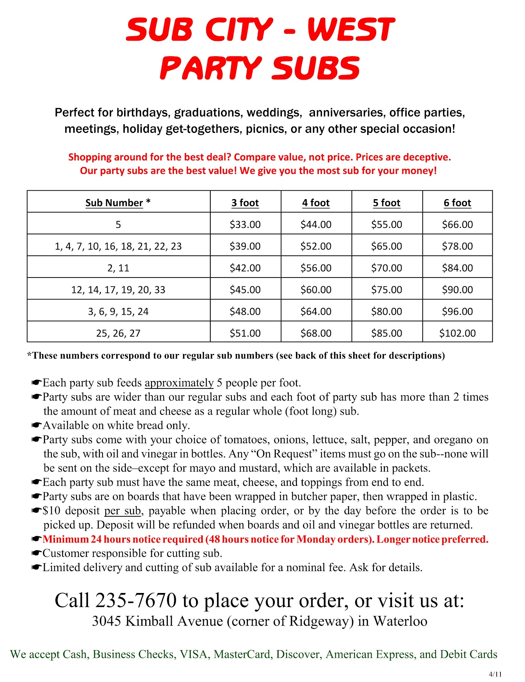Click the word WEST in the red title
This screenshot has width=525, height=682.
tap(351, 30)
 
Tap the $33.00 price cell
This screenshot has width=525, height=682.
tap(245, 224)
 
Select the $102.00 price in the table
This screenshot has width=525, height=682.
tap(457, 333)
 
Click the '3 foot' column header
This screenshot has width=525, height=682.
tap(245, 203)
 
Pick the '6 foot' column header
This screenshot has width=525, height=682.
tap(457, 203)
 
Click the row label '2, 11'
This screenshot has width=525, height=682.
tap(118, 268)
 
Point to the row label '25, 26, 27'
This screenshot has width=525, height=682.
tap(118, 333)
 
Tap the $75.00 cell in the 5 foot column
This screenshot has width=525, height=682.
tap(387, 290)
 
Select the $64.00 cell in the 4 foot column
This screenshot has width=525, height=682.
tap(316, 311)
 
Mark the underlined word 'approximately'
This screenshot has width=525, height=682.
tap(179, 383)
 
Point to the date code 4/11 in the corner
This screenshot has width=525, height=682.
tap(495, 674)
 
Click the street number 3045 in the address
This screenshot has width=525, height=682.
tap(106, 621)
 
